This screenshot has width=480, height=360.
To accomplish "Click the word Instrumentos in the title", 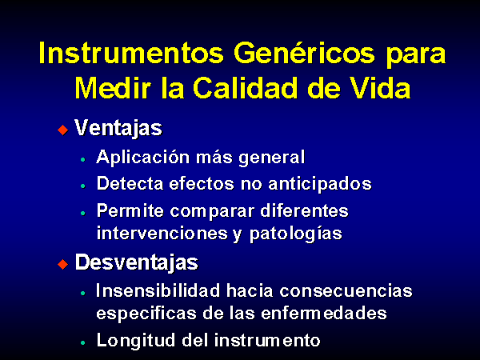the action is click(131, 53).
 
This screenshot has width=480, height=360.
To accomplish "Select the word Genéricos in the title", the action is click(304, 52).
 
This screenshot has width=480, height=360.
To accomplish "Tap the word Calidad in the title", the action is click(245, 87).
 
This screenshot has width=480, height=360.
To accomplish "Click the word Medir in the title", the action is click(113, 88).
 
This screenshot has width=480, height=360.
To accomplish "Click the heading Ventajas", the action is click(118, 128).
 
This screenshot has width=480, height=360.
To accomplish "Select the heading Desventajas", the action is click(137, 262).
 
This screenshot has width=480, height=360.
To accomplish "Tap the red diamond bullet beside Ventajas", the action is click(62, 130).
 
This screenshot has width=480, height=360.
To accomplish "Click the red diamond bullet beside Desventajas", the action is click(62, 265).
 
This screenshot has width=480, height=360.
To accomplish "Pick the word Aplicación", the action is click(143, 158).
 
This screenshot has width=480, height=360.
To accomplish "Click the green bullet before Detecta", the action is click(83, 186).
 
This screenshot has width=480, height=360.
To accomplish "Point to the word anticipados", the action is click(320, 185).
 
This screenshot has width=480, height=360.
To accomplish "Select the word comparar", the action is click(212, 212).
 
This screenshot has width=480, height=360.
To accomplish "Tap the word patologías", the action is click(296, 234).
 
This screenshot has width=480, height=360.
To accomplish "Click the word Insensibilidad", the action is click(158, 290).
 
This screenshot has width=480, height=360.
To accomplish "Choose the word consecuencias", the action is click(346, 291).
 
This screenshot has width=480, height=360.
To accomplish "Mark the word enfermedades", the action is click(324, 313).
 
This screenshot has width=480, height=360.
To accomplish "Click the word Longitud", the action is click(136, 341).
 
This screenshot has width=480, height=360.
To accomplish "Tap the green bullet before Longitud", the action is click(83, 343).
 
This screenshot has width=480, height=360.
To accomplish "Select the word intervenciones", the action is click(162, 234).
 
